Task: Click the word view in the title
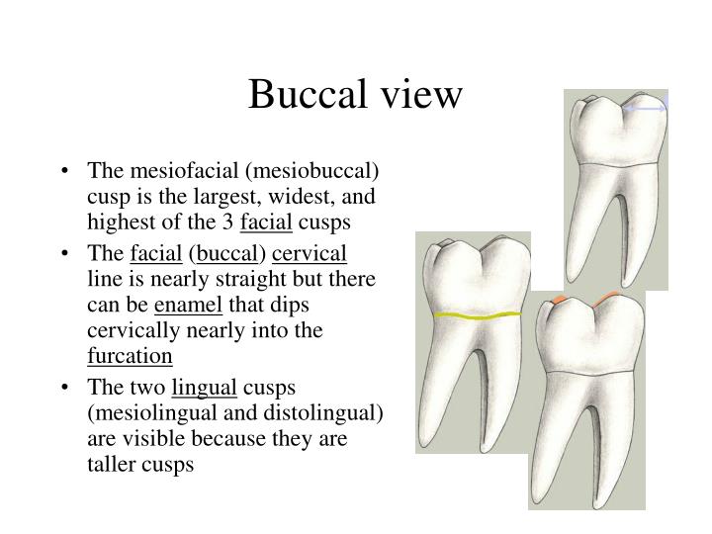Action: [x=416, y=95]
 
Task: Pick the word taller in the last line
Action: [x=111, y=464]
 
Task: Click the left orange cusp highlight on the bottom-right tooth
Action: [x=559, y=299]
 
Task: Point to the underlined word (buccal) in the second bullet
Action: [x=230, y=253]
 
